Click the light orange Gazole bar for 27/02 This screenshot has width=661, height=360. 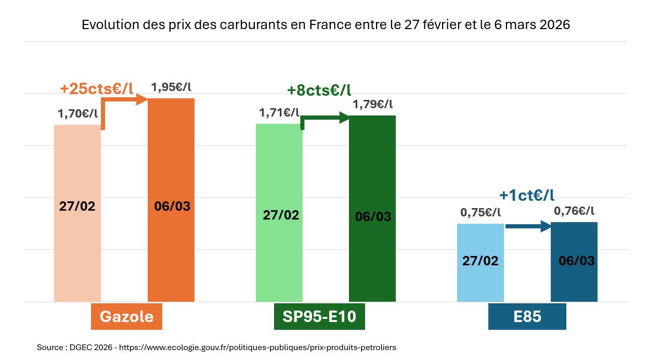click(x=77, y=250)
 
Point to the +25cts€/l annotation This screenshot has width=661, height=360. click(x=97, y=89)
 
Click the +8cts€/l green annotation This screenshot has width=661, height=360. click(x=319, y=91)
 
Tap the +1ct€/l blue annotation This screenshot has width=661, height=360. click(x=527, y=195)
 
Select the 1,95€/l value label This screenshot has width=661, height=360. click(x=171, y=87)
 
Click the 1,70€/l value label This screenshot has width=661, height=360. click(x=78, y=114)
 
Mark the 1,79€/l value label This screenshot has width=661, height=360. click(x=372, y=105)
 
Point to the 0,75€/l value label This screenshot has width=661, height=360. click(x=481, y=212)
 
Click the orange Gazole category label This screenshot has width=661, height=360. click(x=126, y=316)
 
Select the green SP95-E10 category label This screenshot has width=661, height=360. click(x=319, y=316)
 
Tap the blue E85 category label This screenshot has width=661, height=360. click(x=527, y=316)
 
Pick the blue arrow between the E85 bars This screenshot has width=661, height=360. click(x=528, y=226)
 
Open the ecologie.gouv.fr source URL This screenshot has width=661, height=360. click(x=257, y=348)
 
